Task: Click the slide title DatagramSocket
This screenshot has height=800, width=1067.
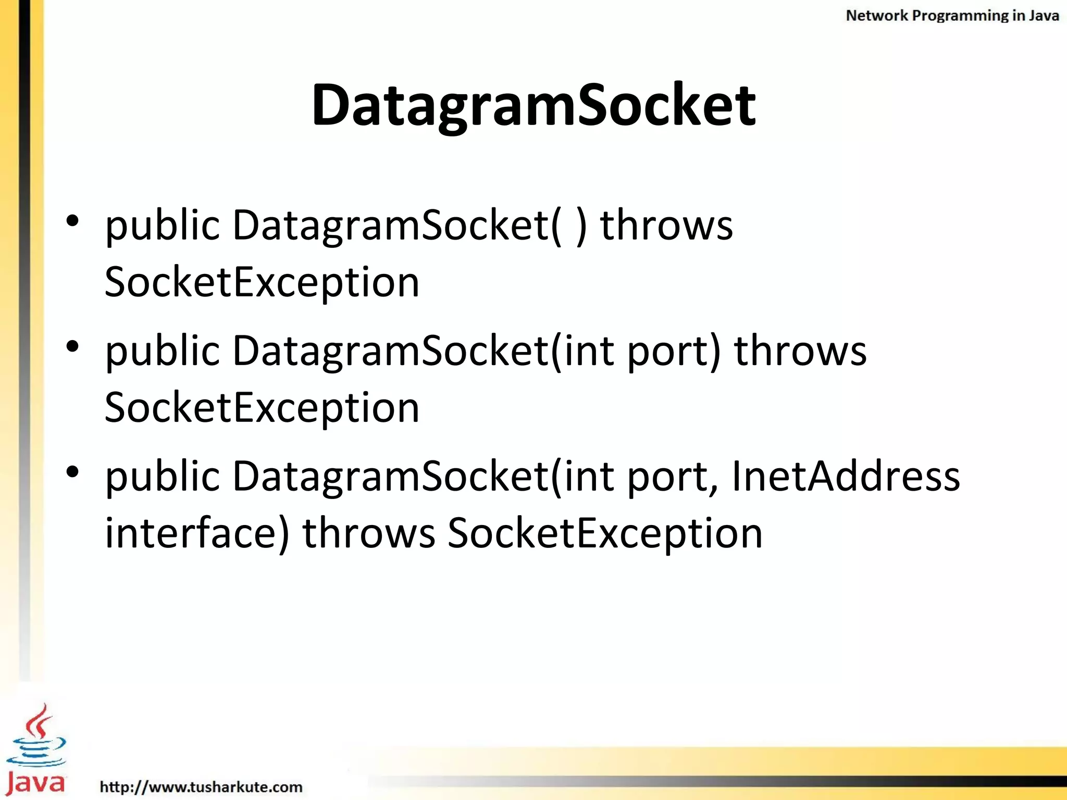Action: pyautogui.click(x=533, y=106)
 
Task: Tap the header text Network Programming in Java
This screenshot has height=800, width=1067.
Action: pyautogui.click(x=952, y=16)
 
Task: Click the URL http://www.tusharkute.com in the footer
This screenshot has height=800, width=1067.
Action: pyautogui.click(x=201, y=786)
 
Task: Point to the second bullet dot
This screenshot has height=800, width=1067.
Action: pyautogui.click(x=73, y=346)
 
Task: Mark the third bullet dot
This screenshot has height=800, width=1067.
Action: pyautogui.click(x=73, y=471)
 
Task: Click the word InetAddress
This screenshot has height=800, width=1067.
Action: pyautogui.click(x=846, y=476)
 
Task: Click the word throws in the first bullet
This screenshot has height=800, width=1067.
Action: pyautogui.click(x=666, y=225)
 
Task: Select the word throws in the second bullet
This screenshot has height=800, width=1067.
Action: pyautogui.click(x=800, y=351)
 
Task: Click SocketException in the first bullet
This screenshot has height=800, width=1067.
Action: pyautogui.click(x=262, y=282)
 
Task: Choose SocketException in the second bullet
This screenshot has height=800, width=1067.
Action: pyautogui.click(x=262, y=407)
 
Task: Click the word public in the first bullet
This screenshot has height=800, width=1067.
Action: pyautogui.click(x=163, y=226)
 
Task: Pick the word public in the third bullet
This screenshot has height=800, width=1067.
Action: pyautogui.click(x=163, y=477)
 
